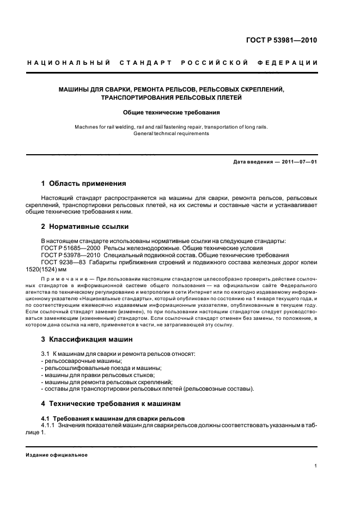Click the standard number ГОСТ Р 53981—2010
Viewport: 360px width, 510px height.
[282, 40]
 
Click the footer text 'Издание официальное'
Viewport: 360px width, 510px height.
[57, 455]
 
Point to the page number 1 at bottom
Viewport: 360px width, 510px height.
[316, 466]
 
